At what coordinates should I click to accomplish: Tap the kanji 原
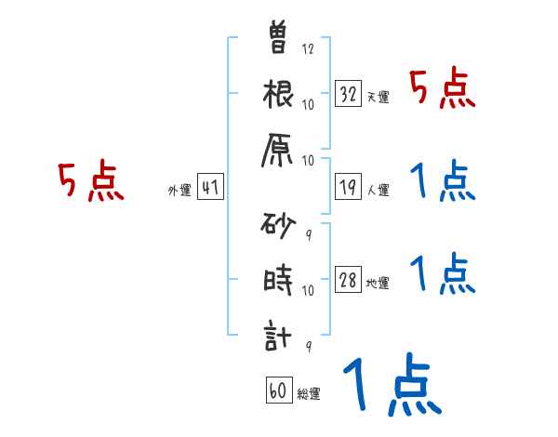[279, 151]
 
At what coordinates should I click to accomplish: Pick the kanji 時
[278, 281]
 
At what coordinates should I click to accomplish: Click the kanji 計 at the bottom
[278, 338]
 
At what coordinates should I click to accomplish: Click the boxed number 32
[349, 93]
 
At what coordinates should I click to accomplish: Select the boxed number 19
[349, 187]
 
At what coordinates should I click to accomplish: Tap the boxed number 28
[349, 280]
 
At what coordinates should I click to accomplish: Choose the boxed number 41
[210, 187]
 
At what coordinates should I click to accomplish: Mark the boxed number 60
[278, 391]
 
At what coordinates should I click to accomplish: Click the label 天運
[378, 98]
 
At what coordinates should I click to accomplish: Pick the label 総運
[309, 395]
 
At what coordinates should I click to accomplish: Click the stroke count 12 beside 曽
[308, 49]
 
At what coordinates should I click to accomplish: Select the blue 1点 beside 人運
[443, 180]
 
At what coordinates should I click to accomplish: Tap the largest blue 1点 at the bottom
[391, 385]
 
